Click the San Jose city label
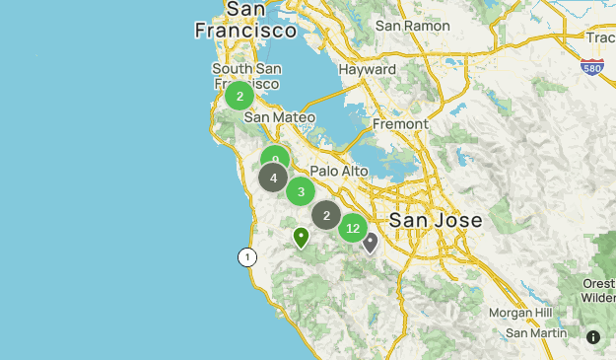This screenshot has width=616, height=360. coord(436,220)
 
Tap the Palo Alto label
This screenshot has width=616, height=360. coord(339,171)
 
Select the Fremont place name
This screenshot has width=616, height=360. coord(400,124)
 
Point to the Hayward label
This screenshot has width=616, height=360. coord(367,70)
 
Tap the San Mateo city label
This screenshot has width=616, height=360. coord(280,117)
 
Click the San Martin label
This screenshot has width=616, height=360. coord(536,333)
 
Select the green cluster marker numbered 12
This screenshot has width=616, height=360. coord(353,228)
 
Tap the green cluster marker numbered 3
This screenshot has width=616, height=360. coord(301,191)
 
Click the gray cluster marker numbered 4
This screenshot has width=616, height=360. coord(273,179)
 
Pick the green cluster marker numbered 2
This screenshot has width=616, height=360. coord(240,96)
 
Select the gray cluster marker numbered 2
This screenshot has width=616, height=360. coord(326,215)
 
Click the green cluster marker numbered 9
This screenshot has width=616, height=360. coord(275,158)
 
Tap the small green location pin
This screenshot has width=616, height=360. coord(302,237)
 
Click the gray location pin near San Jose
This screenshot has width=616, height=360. coord(370,242)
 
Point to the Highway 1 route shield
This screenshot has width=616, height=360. coord(246,257)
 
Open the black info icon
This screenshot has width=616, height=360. coord(593,337)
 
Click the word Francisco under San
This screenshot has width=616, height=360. coord(245,31)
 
